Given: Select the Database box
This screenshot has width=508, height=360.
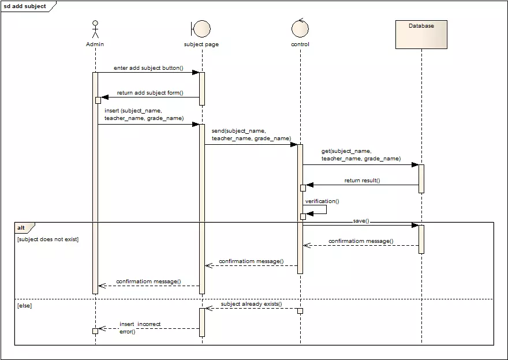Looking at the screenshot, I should click(x=421, y=35).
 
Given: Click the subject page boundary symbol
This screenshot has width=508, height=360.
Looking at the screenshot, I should click(x=201, y=28).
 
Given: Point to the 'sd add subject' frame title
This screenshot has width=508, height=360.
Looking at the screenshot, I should click(x=25, y=6).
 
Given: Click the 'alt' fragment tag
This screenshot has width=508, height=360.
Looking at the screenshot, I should click(x=21, y=228).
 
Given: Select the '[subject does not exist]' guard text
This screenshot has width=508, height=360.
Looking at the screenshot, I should click(x=48, y=239).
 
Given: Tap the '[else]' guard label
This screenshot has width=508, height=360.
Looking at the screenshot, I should click(x=24, y=305).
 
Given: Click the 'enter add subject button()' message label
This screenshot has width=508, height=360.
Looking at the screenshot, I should click(x=148, y=67).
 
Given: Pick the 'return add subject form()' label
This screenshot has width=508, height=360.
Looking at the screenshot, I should click(x=150, y=92).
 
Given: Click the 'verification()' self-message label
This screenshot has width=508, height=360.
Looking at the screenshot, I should click(x=322, y=201).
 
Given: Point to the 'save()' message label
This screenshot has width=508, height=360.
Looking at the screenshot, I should click(x=361, y=220).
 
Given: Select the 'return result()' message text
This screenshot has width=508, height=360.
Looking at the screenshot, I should click(x=362, y=181).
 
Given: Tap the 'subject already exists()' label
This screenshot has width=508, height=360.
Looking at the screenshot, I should click(x=252, y=303).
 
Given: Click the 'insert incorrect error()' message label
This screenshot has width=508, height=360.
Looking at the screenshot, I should click(x=140, y=328).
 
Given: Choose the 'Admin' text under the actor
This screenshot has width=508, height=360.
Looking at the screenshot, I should click(x=95, y=44).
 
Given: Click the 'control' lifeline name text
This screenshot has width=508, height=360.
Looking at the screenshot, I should click(x=300, y=44).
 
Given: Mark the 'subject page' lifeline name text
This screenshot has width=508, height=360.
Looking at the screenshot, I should click(x=201, y=44).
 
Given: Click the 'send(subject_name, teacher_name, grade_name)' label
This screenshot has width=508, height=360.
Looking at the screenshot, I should click(x=251, y=135).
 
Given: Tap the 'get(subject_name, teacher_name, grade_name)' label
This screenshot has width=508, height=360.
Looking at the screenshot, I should click(x=361, y=155).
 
